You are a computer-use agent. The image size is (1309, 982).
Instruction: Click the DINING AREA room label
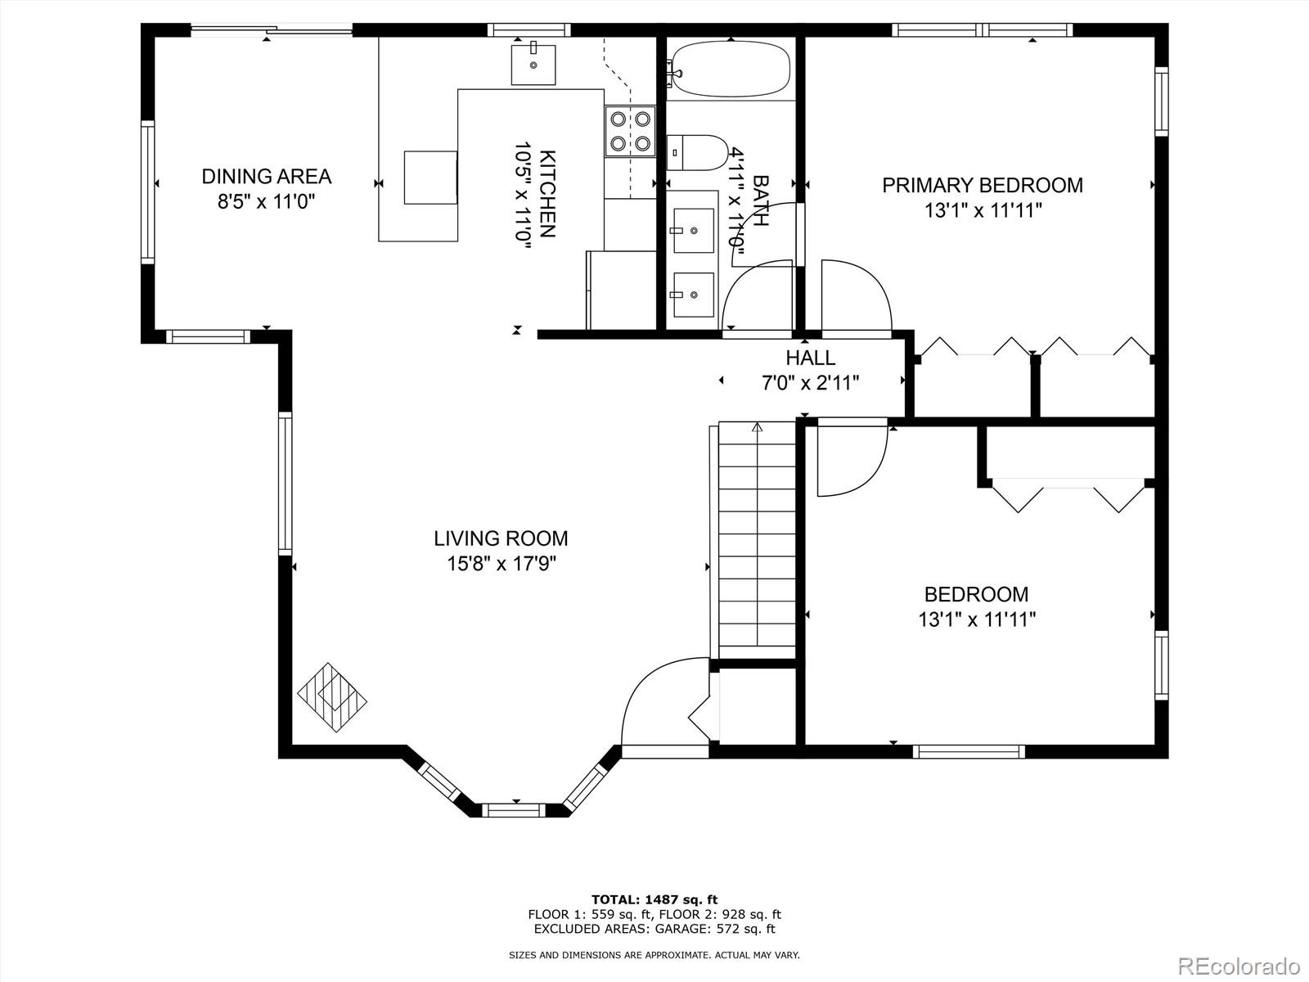pos(266,177)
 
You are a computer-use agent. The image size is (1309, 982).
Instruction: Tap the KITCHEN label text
pos(548,194)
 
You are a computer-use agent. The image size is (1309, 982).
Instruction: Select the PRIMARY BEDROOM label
pos(983,186)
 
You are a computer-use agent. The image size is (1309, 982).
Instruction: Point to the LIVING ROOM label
pos(501,538)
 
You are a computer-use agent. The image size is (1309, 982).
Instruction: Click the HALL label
pos(810,358)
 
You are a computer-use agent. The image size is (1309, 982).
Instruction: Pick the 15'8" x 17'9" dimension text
pos(502,564)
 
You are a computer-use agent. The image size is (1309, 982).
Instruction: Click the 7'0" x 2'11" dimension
pos(811,383)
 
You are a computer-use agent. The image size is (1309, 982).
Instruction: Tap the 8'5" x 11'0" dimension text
pos(266,201)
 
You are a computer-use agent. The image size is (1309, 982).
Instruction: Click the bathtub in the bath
pos(730,69)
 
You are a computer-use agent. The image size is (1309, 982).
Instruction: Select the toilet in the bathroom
pos(697,153)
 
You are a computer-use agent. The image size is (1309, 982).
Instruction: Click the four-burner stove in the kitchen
pos(630,131)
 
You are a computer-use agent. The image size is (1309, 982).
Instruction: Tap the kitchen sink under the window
pos(533,65)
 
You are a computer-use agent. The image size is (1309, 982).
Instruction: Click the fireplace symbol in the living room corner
pos(332,697)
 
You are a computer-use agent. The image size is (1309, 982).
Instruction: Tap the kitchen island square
pos(430,178)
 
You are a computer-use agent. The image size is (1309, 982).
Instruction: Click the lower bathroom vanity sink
pos(694,295)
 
